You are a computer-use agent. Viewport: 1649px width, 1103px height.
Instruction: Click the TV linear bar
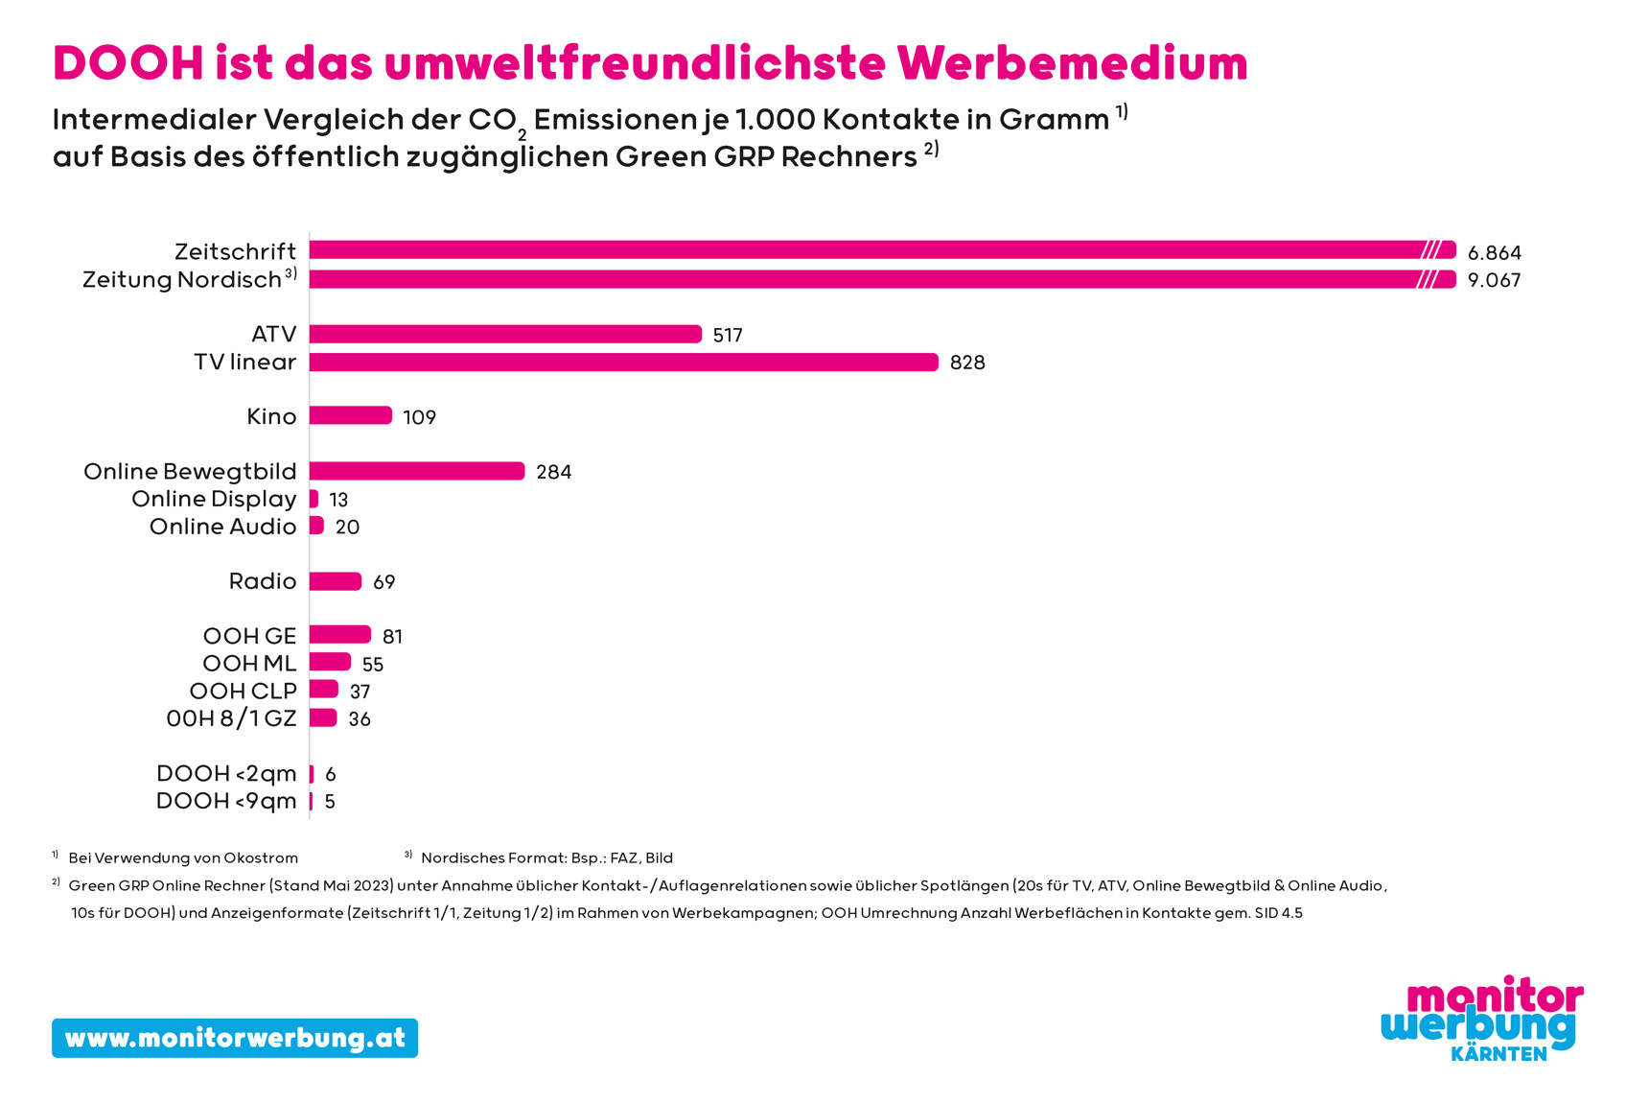click(x=623, y=362)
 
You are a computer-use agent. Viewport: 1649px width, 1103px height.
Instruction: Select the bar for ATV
click(x=505, y=334)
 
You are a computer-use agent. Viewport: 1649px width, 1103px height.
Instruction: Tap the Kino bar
click(x=350, y=415)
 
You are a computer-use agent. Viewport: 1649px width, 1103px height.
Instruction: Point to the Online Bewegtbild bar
click(x=417, y=471)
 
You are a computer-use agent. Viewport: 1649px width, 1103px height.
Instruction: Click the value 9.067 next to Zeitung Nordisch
click(x=1494, y=280)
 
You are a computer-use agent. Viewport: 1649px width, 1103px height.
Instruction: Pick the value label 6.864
click(x=1494, y=253)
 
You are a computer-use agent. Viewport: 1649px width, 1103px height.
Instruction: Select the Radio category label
click(x=263, y=581)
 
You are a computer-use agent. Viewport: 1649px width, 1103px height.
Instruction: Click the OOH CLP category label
click(x=243, y=691)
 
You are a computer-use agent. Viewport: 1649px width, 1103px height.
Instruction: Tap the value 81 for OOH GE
click(x=392, y=637)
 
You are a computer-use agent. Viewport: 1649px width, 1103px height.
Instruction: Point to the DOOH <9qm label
click(x=226, y=801)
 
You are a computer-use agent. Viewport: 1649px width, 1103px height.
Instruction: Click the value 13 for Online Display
click(x=338, y=500)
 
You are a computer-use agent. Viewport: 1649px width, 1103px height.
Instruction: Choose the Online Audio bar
click(x=316, y=526)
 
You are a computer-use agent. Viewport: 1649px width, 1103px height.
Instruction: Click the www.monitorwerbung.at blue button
click(x=235, y=1038)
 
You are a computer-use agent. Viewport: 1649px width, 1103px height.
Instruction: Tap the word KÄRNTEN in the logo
click(x=1498, y=1054)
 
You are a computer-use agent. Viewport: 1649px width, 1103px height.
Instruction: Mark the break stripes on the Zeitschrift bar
click(x=1430, y=250)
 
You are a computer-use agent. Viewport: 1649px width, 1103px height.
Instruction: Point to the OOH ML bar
click(x=330, y=663)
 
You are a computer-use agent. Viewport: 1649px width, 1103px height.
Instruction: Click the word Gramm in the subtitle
click(x=1054, y=120)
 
